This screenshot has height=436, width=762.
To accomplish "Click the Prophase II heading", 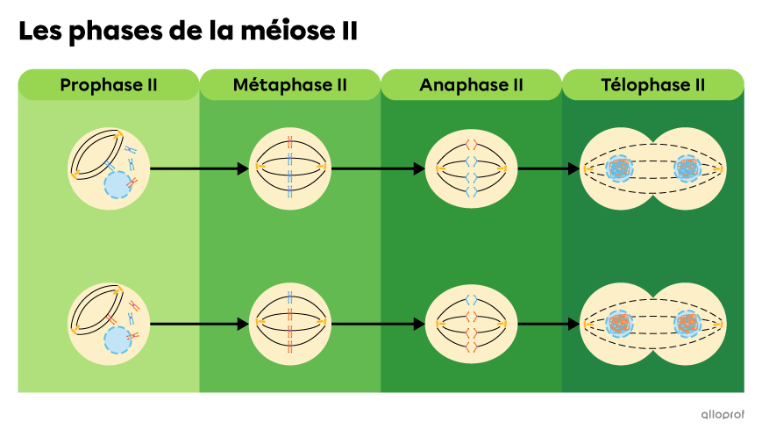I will click(109, 85).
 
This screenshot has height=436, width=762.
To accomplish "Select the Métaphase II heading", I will click(290, 85).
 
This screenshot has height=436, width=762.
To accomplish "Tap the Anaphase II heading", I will click(471, 85).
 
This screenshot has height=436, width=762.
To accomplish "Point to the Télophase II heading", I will click(653, 85).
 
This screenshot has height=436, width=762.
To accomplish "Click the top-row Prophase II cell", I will click(109, 168).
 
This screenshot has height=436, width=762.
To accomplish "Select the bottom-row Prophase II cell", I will click(109, 324).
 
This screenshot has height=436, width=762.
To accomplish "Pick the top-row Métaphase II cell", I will click(289, 168).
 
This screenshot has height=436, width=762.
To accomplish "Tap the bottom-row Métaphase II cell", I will click(289, 324).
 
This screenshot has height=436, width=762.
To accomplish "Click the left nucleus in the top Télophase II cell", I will click(620, 168).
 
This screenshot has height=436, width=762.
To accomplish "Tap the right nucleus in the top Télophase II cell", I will click(687, 168).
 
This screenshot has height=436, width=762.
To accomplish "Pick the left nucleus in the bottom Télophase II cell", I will click(620, 324).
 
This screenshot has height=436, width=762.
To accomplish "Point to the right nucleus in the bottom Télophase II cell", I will click(687, 324).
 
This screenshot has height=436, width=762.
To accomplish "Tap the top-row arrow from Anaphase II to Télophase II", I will click(543, 168).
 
